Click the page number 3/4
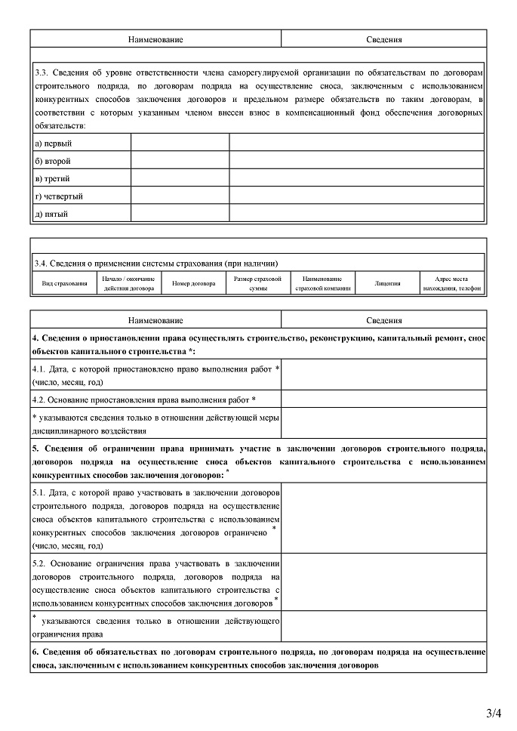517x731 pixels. click(494, 713)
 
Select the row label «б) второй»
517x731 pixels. click(53, 161)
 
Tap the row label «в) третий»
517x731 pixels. click(53, 179)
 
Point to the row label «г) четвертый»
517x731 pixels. click(59, 196)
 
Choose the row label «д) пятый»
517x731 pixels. click(52, 214)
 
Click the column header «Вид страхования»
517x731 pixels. click(64, 284)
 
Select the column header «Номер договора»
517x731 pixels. click(194, 284)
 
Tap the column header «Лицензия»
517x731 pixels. click(387, 284)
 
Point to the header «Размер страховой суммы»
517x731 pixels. click(258, 284)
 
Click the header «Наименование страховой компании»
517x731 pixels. click(322, 284)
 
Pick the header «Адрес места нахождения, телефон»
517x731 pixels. click(451, 284)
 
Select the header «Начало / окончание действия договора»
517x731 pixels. click(128, 284)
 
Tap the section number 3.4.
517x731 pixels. click(42, 264)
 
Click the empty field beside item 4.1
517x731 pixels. click(383, 374)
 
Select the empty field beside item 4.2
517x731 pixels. click(383, 399)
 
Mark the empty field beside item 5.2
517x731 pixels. click(383, 582)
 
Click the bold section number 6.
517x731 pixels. click(35, 652)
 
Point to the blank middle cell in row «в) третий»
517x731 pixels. click(180, 179)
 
